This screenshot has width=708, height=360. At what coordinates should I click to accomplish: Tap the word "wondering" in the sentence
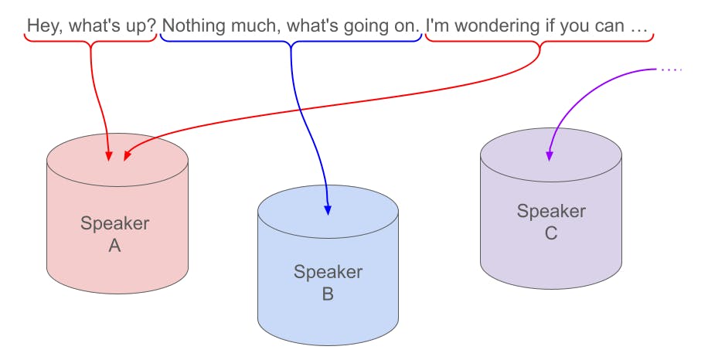click(498, 26)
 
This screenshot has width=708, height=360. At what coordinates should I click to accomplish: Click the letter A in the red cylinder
click(115, 246)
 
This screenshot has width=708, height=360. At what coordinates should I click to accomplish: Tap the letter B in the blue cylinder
click(328, 294)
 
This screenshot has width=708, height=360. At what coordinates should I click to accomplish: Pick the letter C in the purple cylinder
click(551, 233)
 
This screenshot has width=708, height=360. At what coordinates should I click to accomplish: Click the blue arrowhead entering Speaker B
click(328, 209)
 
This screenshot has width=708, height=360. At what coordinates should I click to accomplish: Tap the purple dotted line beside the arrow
click(672, 70)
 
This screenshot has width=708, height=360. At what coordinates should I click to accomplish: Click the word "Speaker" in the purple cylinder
click(551, 211)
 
